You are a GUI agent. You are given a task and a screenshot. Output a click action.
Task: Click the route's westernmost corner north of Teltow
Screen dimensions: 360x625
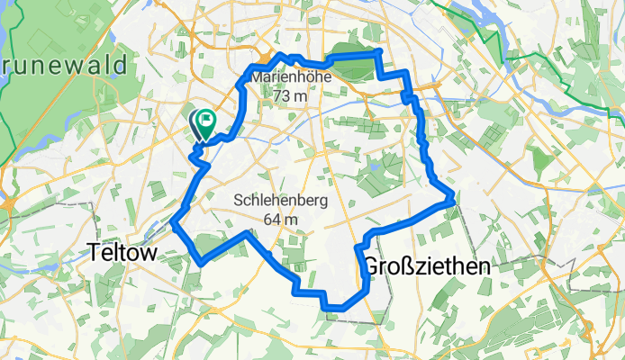pyautogui.click(x=173, y=223)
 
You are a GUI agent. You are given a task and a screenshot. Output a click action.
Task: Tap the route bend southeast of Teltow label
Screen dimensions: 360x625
pyautogui.click(x=203, y=261)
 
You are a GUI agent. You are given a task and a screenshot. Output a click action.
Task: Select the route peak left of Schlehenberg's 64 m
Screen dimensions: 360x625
pyautogui.click(x=249, y=233)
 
